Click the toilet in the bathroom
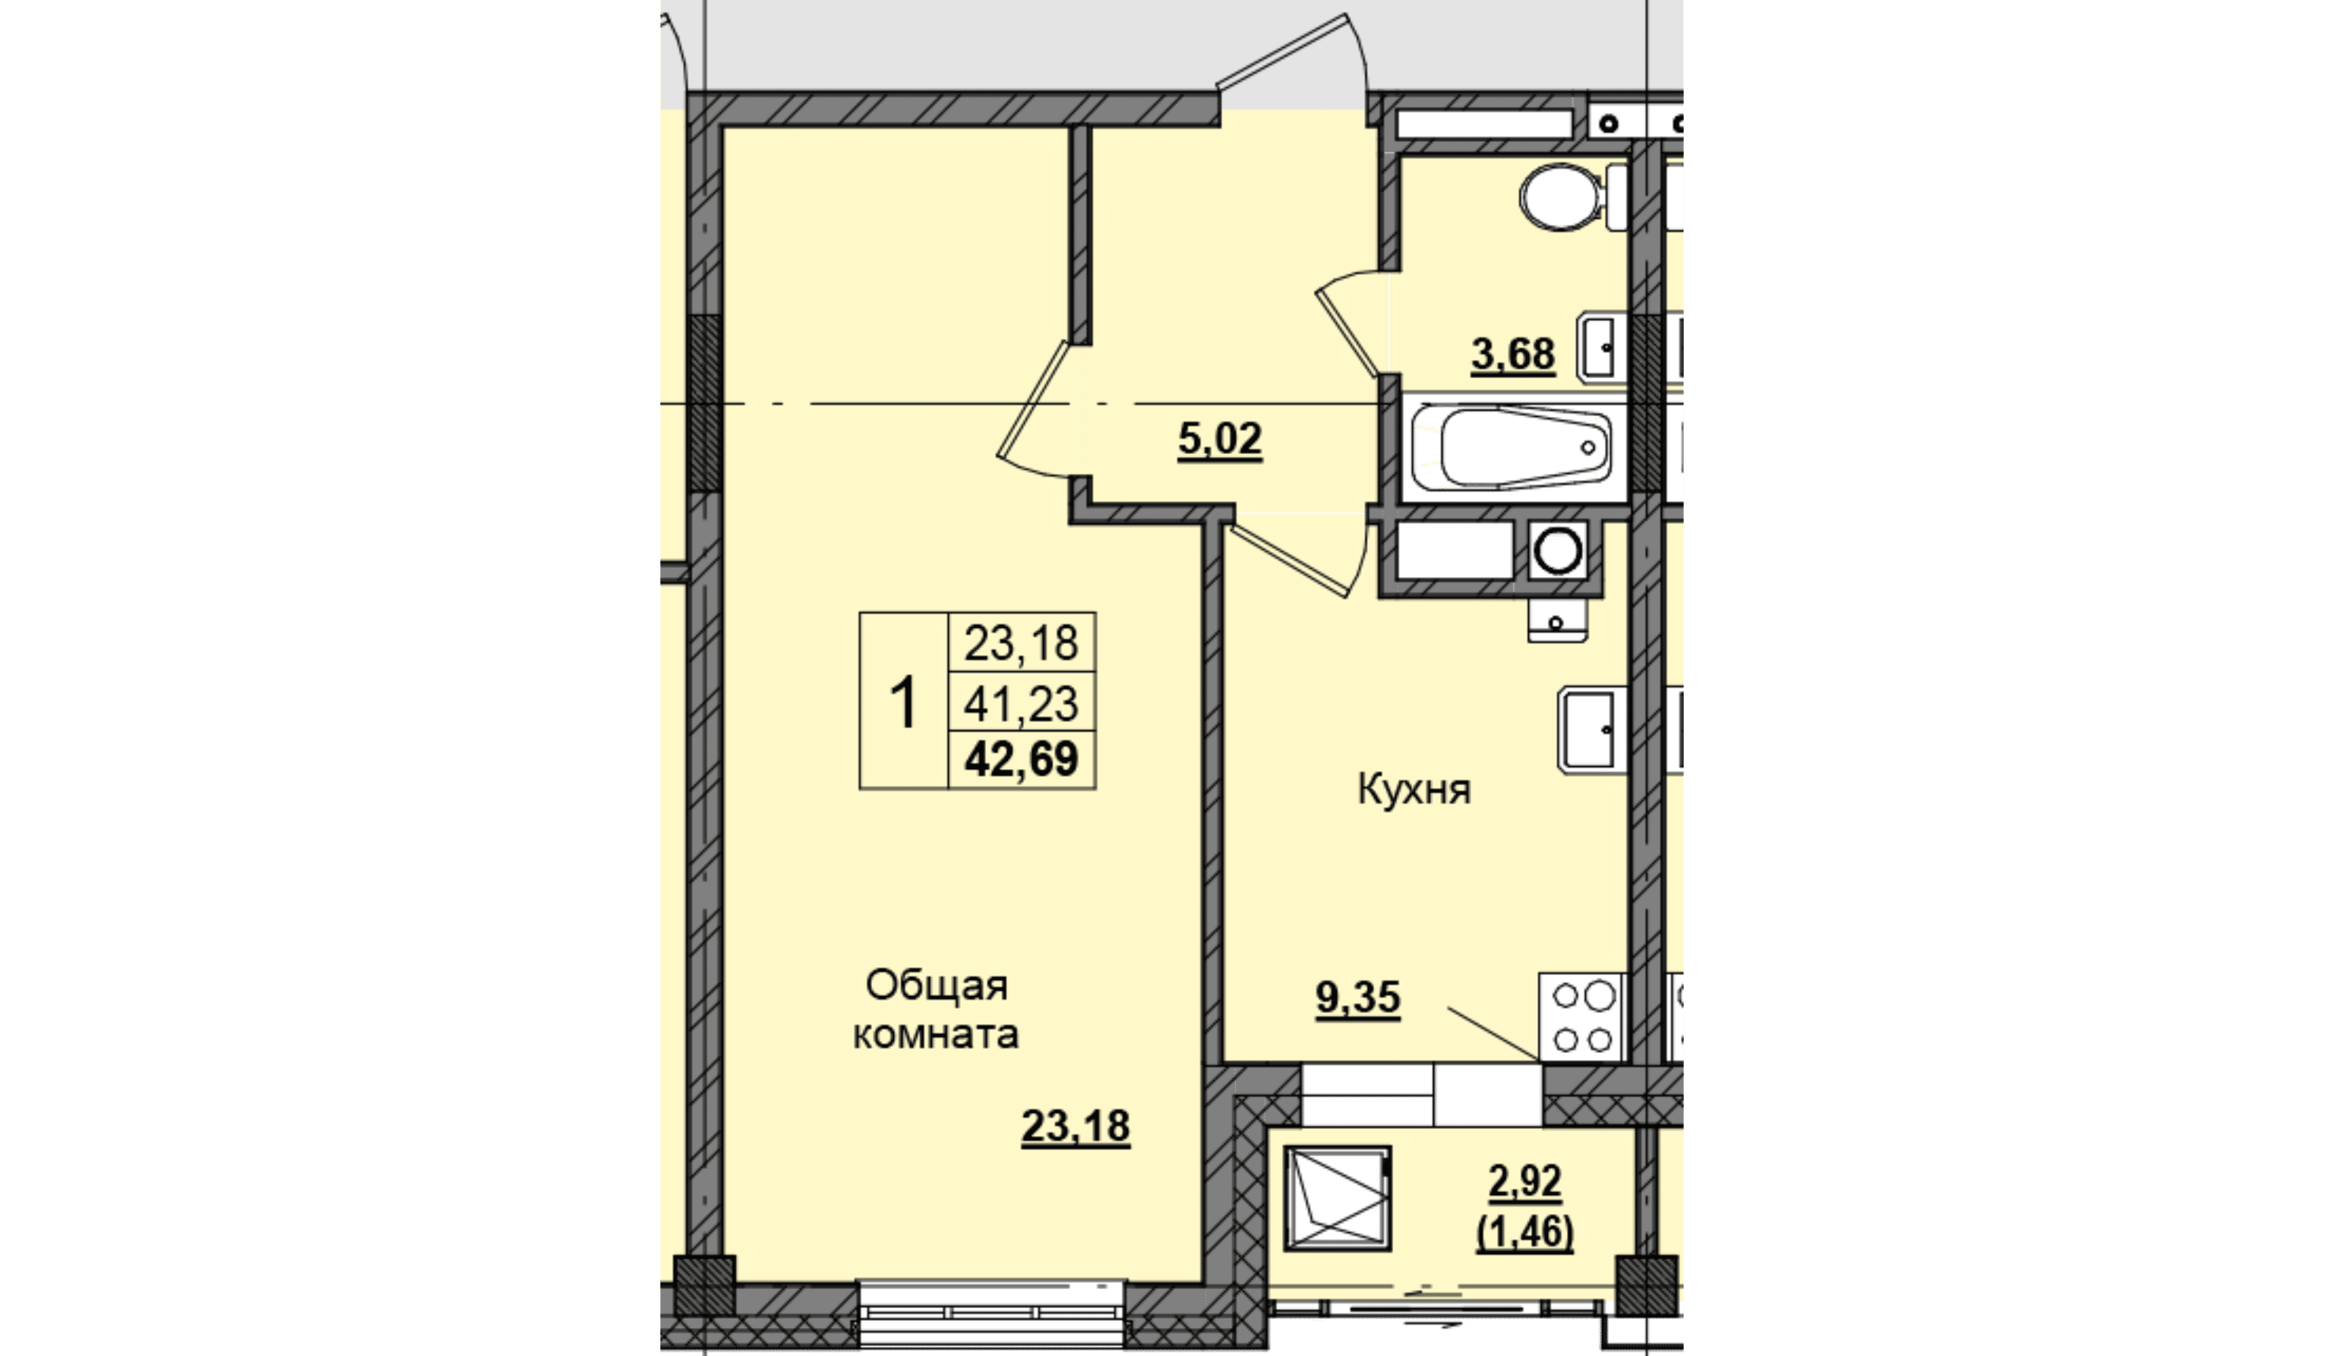pos(1572,197)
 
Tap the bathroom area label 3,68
pos(1513,355)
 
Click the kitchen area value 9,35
pos(1358,998)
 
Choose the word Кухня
pos(1414,790)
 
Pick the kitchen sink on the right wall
pos(1594,731)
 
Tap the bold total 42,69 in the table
pos(1022,759)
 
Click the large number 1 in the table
pos(903,703)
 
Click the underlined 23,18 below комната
pos(1076,1126)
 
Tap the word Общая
pos(937,985)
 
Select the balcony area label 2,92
pos(1525,1182)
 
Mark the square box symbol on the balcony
pos(1338,1198)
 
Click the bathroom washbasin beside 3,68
pos(1603,347)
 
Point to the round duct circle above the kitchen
pos(1558,550)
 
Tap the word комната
pos(936,1035)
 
